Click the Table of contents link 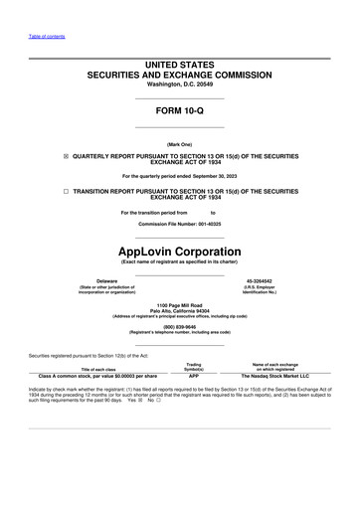pos(46,36)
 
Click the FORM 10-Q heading pos(179,110)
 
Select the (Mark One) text pos(179,143)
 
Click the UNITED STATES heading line pos(179,65)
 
